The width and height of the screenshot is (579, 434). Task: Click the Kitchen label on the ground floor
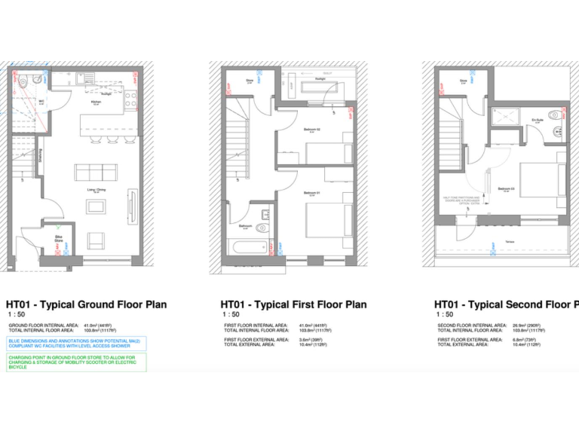[96, 102]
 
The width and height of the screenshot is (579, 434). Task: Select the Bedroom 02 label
[311, 130]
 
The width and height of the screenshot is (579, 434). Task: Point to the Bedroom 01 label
[311, 194]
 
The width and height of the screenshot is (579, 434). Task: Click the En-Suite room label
[537, 118]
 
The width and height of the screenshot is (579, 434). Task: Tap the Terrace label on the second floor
[510, 243]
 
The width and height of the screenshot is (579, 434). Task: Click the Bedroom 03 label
[505, 188]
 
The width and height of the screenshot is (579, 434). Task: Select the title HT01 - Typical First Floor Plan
[293, 304]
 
